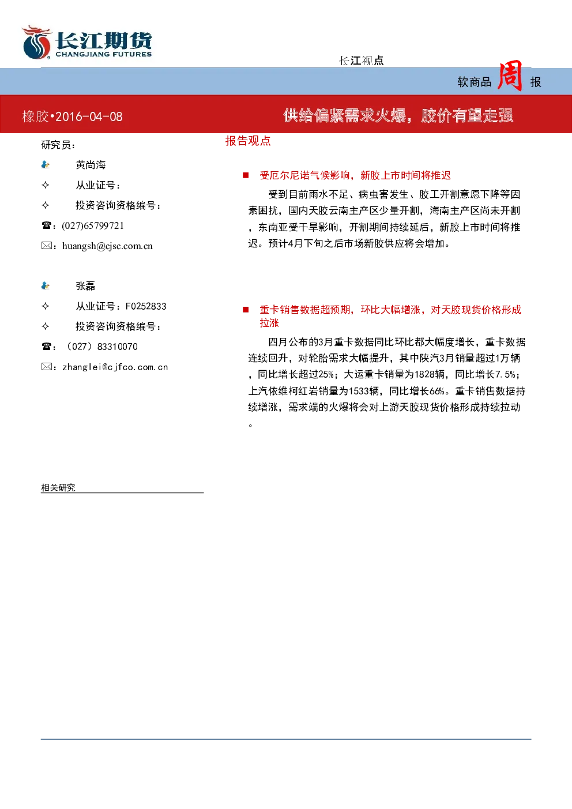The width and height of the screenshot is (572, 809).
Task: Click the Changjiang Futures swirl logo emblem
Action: coord(36,42)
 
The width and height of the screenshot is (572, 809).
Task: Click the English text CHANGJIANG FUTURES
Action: coord(104,54)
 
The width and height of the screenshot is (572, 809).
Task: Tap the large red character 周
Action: coord(510,76)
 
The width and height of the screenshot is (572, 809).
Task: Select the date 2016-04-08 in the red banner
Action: coord(89,116)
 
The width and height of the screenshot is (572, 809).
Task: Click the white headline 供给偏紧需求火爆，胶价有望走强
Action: coord(398,115)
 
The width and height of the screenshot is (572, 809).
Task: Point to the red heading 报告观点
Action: coord(248,141)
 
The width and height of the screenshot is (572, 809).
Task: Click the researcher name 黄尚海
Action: coord(91,165)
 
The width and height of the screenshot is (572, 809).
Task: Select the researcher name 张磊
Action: coord(85,286)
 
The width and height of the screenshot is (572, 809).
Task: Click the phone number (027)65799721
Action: coord(93,225)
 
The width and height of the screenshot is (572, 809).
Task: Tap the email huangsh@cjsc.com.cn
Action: coord(108,246)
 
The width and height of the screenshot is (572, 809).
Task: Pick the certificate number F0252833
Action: coord(146,306)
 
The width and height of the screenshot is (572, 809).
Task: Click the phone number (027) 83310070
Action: coord(101,347)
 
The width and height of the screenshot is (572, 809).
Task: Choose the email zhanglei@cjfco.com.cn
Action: coord(115,367)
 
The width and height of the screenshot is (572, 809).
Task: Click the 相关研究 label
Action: coord(58,488)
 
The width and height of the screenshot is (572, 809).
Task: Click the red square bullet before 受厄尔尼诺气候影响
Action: coord(246,175)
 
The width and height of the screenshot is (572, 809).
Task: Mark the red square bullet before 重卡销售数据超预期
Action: coord(246,310)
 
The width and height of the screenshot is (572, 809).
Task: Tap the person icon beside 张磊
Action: coord(46,286)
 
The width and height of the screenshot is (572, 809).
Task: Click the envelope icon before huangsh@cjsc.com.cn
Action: coord(47,246)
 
